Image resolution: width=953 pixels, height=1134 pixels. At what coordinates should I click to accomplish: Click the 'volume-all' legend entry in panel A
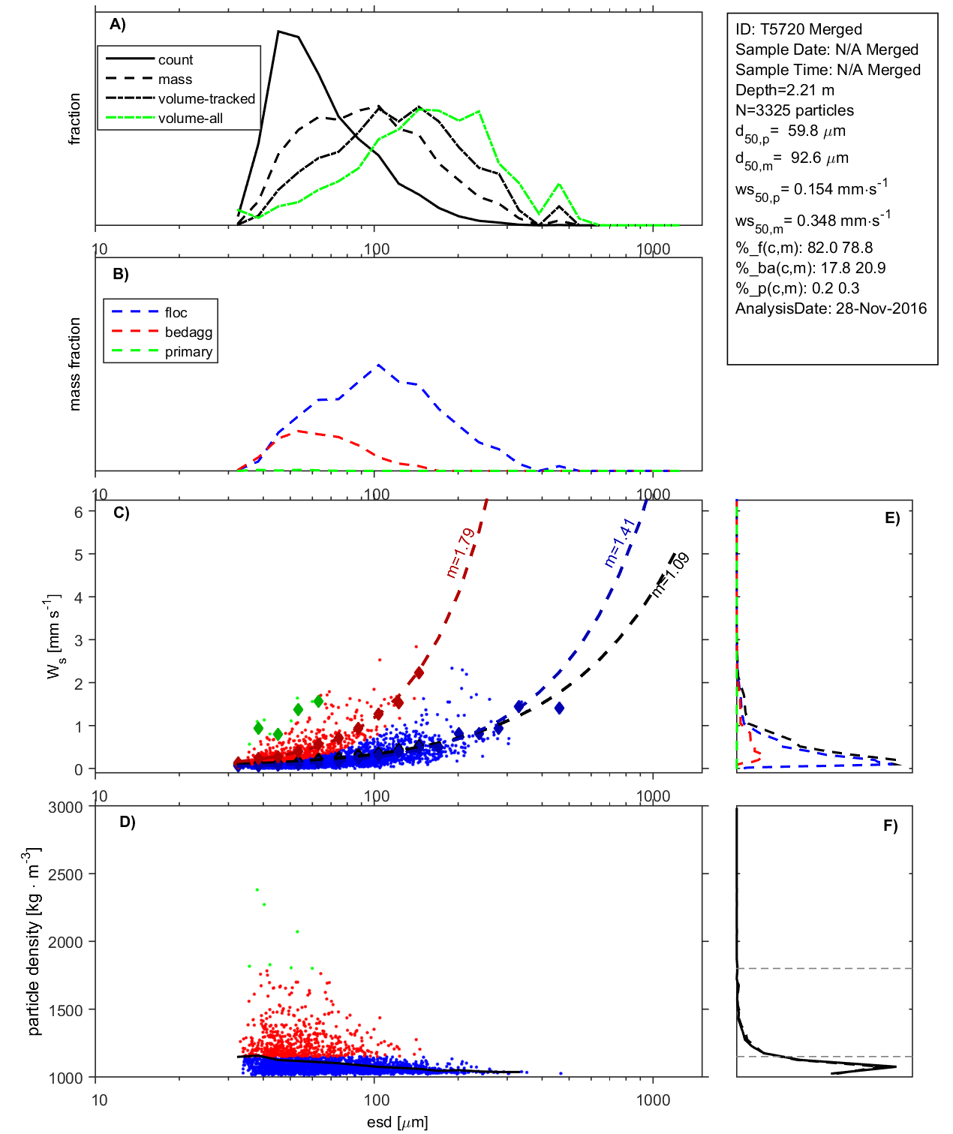click(190, 119)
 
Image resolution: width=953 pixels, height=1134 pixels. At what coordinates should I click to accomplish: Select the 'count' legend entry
click(176, 60)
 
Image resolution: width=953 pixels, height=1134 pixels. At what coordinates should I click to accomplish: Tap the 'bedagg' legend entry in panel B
click(188, 332)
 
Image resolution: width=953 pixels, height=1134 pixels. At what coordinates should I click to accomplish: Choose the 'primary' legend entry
click(188, 352)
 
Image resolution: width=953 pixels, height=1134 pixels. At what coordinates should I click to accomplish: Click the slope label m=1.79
click(460, 552)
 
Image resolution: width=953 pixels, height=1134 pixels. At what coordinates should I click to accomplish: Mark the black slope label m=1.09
click(670, 575)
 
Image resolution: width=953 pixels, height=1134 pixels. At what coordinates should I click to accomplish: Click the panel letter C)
click(121, 513)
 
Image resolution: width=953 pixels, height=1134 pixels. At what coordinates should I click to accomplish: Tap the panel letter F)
click(890, 826)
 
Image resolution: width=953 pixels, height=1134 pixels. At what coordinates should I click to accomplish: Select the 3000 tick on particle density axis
click(65, 808)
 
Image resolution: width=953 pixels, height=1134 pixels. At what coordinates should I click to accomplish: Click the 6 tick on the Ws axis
click(78, 512)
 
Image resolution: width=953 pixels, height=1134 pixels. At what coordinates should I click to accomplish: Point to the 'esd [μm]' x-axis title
click(397, 1123)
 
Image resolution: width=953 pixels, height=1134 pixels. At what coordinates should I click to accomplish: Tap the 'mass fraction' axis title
click(74, 364)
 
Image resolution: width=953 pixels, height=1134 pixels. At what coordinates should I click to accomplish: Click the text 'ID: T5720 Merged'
click(798, 29)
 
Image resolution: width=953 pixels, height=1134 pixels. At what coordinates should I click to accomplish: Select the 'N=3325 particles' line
click(794, 110)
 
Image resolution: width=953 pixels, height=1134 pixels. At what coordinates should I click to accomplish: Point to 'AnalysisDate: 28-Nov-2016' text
click(831, 308)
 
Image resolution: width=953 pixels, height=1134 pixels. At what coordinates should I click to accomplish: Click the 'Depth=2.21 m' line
click(784, 90)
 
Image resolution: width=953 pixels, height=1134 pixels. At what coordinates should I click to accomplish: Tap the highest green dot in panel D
click(257, 889)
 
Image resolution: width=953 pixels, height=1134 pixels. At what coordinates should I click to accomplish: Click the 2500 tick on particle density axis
click(65, 875)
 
